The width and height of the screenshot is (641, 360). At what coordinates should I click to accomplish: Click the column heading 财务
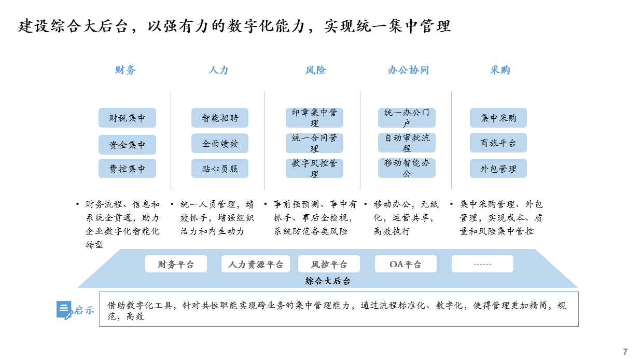(126, 70)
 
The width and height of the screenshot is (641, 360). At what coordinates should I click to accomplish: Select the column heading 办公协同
(408, 70)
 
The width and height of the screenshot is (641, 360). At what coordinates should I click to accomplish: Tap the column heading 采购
(500, 70)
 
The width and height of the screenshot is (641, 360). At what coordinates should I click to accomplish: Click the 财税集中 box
(128, 118)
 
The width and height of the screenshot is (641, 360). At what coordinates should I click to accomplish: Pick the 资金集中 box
(128, 145)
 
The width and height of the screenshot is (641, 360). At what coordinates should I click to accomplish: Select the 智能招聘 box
(220, 118)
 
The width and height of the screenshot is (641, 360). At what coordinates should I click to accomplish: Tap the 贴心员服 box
(220, 168)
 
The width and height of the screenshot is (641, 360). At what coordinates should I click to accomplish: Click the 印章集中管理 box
(314, 118)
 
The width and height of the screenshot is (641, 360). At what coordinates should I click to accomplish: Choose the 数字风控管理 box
(314, 168)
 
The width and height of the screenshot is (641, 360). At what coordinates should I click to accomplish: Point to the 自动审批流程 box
(407, 143)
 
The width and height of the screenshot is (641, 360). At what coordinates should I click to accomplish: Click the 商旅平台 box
(498, 143)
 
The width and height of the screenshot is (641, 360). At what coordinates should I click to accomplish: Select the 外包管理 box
(498, 168)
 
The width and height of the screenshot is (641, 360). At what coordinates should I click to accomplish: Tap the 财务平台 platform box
(176, 264)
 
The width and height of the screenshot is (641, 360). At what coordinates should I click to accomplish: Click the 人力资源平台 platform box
(256, 264)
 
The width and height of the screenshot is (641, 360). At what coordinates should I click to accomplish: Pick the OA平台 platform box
(406, 264)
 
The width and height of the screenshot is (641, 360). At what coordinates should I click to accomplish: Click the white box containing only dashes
(482, 264)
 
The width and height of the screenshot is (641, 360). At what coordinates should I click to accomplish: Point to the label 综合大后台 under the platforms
(328, 281)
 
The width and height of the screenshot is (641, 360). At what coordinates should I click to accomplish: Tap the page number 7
(625, 352)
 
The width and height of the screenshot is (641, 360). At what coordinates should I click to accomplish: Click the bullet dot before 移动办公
(366, 204)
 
